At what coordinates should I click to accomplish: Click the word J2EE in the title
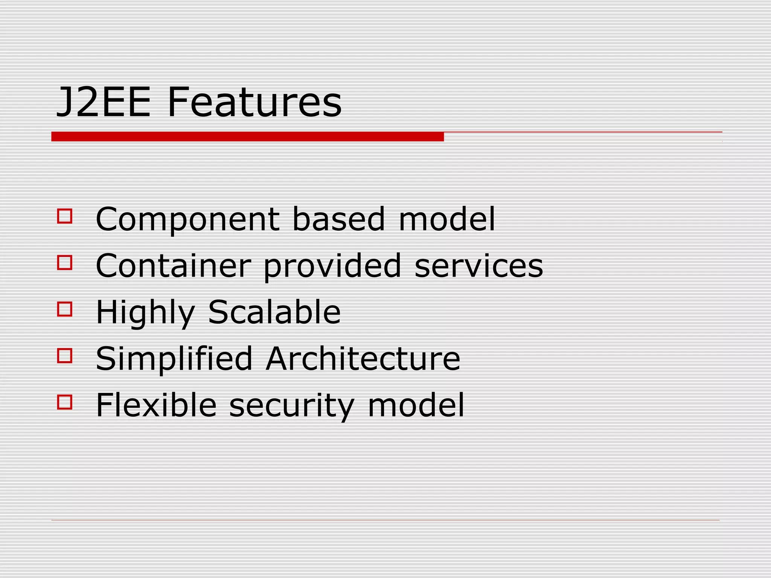103,102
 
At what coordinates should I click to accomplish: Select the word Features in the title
254,102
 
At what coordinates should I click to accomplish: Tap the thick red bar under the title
247,137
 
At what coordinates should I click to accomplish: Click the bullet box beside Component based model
65,216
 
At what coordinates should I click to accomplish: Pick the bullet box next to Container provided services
65,262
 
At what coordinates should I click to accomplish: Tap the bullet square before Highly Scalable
65,309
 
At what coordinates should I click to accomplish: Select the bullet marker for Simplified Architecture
65,355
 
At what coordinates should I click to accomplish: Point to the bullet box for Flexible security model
65,402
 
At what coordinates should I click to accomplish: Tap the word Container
173,266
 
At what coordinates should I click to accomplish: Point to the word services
479,266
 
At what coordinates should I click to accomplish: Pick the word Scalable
274,312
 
